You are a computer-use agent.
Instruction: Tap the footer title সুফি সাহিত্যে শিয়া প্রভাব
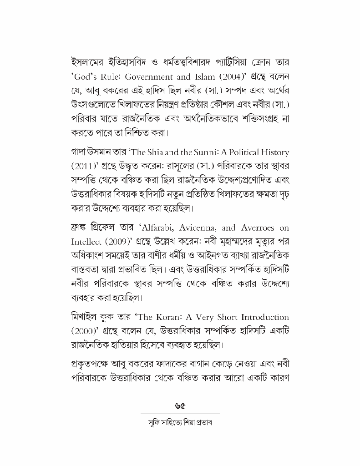point(180,422)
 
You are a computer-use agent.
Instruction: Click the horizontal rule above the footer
point(180,414)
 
